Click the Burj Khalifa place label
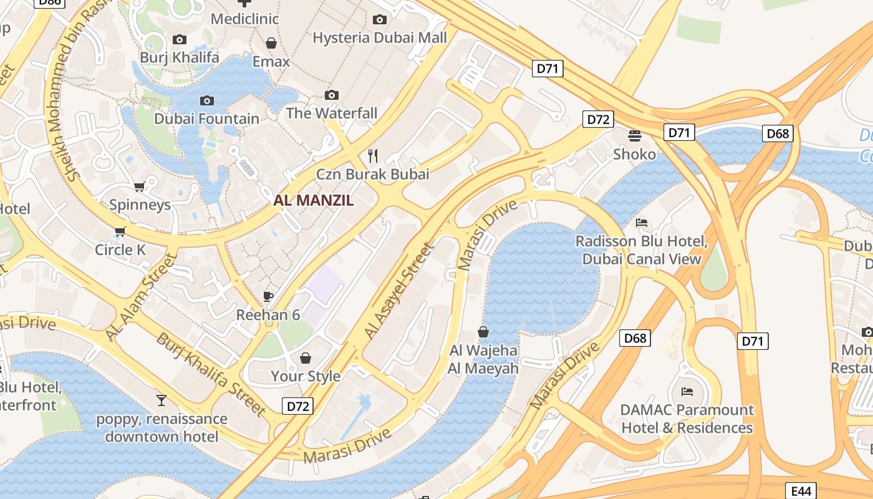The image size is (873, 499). pyautogui.click(x=180, y=57)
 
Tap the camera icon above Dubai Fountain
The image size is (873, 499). pyautogui.click(x=207, y=100)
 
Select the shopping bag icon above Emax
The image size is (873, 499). pyautogui.click(x=271, y=43)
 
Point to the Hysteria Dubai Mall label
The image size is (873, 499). pyautogui.click(x=379, y=37)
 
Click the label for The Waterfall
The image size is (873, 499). pyautogui.click(x=332, y=113)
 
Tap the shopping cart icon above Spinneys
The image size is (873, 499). pyautogui.click(x=140, y=187)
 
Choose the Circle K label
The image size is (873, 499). pyautogui.click(x=120, y=249)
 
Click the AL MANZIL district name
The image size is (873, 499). pyautogui.click(x=314, y=200)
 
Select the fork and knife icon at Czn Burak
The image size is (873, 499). pyautogui.click(x=373, y=155)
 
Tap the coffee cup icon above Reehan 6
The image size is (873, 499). pyautogui.click(x=268, y=296)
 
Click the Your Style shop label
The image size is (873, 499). pyautogui.click(x=306, y=375)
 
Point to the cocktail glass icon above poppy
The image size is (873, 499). pyautogui.click(x=162, y=400)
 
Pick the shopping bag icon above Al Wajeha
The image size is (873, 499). pyautogui.click(x=483, y=332)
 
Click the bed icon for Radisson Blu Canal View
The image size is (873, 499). pyautogui.click(x=641, y=223)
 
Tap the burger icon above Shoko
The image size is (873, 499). pyautogui.click(x=635, y=135)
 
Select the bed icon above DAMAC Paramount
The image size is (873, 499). pyautogui.click(x=687, y=392)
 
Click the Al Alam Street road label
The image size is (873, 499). pyautogui.click(x=140, y=297)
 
